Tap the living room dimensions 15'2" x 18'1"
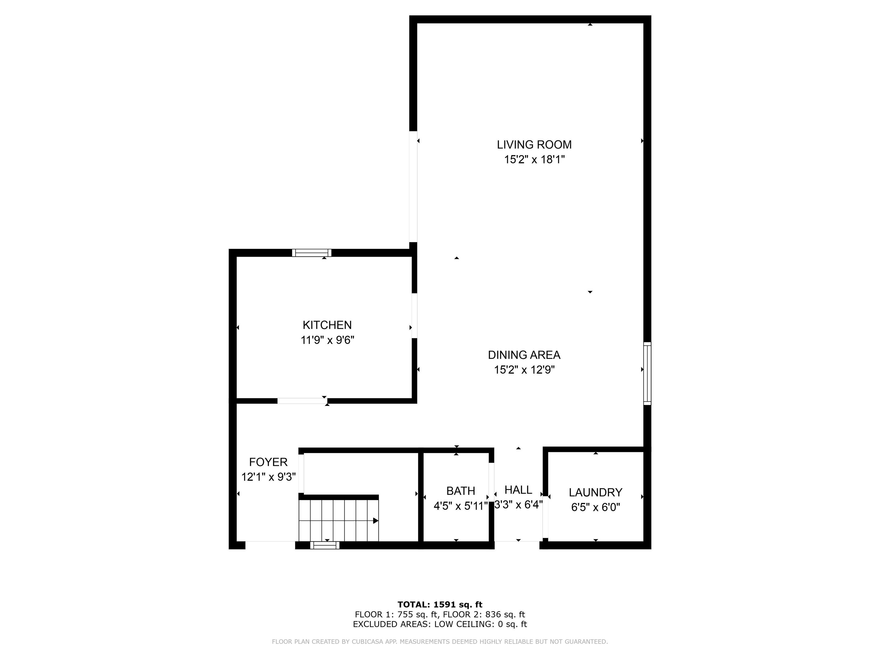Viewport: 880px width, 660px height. click(534, 160)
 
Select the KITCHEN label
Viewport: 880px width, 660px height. click(327, 325)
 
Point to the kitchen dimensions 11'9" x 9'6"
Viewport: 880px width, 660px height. click(327, 340)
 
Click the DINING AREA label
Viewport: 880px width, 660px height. click(524, 355)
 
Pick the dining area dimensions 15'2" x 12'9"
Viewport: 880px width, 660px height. click(524, 370)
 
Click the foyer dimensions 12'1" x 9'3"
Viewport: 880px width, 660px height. click(268, 477)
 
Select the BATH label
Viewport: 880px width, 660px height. click(460, 491)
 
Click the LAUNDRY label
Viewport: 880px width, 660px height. click(595, 492)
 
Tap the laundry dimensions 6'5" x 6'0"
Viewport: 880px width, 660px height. click(596, 507)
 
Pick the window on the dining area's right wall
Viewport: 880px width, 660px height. click(647, 374)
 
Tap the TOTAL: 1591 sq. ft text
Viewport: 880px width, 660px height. click(440, 605)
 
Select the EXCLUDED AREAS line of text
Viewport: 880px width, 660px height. click(440, 624)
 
